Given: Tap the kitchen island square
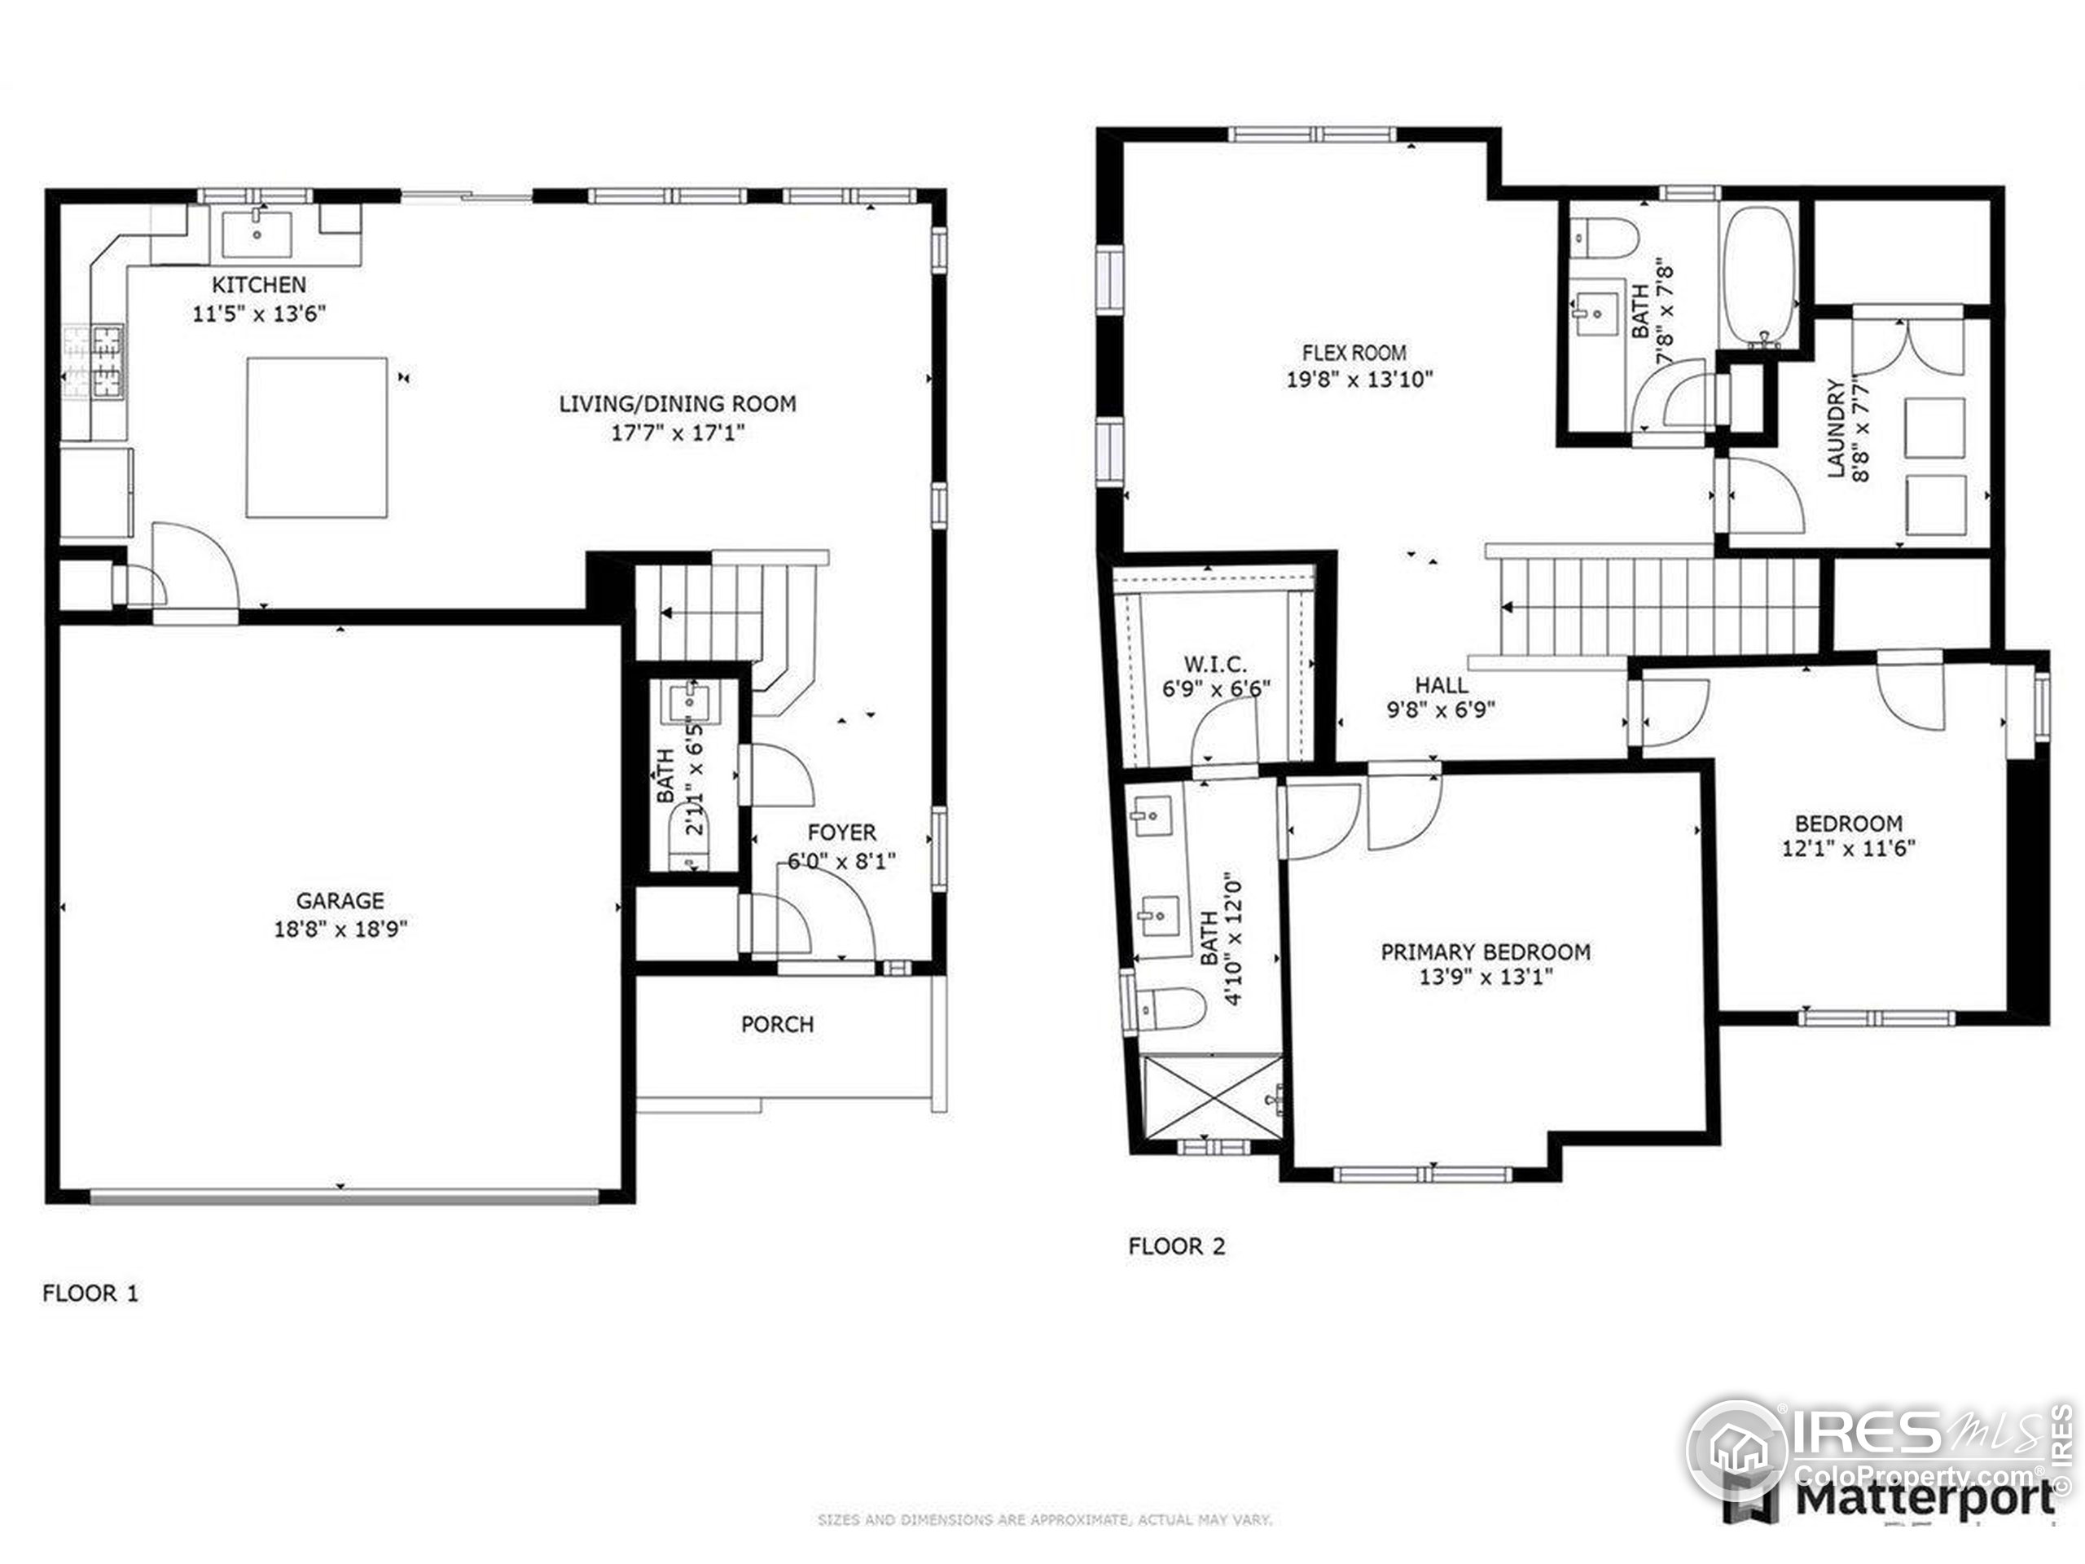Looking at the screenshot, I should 317,437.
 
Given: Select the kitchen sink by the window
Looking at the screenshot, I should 257,233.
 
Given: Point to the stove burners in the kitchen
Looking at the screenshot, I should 94,361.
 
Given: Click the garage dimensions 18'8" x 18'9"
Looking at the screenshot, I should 340,929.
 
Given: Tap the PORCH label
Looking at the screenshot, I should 777,1024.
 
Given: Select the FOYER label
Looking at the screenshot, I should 841,833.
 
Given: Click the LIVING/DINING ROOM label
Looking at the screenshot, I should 678,404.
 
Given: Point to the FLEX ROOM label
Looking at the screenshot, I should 1354,354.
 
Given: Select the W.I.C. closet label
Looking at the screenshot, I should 1216,665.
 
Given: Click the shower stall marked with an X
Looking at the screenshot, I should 1212,1098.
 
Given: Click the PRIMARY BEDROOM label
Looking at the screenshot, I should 1486,952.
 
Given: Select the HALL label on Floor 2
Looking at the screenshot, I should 1442,685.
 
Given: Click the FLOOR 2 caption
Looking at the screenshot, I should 1176,1246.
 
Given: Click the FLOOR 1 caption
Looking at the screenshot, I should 90,1294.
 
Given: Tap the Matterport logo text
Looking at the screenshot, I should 1923,1499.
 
